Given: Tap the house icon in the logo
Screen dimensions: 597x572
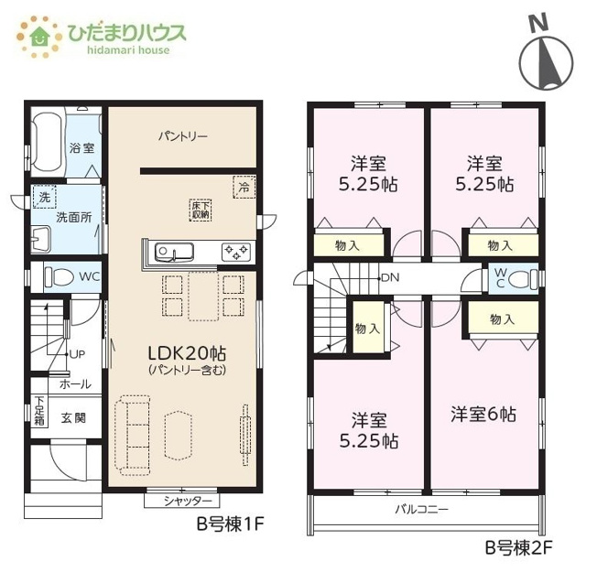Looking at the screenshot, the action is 40,37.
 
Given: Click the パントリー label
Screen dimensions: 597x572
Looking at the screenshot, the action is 183,135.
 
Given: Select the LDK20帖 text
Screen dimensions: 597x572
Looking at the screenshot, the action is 187,353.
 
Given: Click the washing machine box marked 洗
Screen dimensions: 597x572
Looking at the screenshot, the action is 44,197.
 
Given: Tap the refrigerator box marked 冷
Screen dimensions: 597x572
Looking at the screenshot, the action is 244,187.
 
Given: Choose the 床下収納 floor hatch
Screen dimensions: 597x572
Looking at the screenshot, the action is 201,210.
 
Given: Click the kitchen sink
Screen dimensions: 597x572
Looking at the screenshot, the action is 174,252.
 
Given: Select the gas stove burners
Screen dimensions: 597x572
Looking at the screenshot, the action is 236,252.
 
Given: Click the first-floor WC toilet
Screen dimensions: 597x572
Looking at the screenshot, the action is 60,276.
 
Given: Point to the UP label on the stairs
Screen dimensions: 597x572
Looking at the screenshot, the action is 77,354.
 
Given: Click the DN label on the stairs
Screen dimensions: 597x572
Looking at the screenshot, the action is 390,278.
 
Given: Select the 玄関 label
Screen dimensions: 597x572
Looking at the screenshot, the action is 73,418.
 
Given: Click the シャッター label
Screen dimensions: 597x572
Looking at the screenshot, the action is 188,501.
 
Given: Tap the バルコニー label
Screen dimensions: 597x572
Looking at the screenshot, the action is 421,509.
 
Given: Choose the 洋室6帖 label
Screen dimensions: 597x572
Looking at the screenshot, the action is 483,414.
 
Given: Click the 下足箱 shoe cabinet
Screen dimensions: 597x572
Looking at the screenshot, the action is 39,411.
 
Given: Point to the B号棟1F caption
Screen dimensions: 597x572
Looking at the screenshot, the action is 231,524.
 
